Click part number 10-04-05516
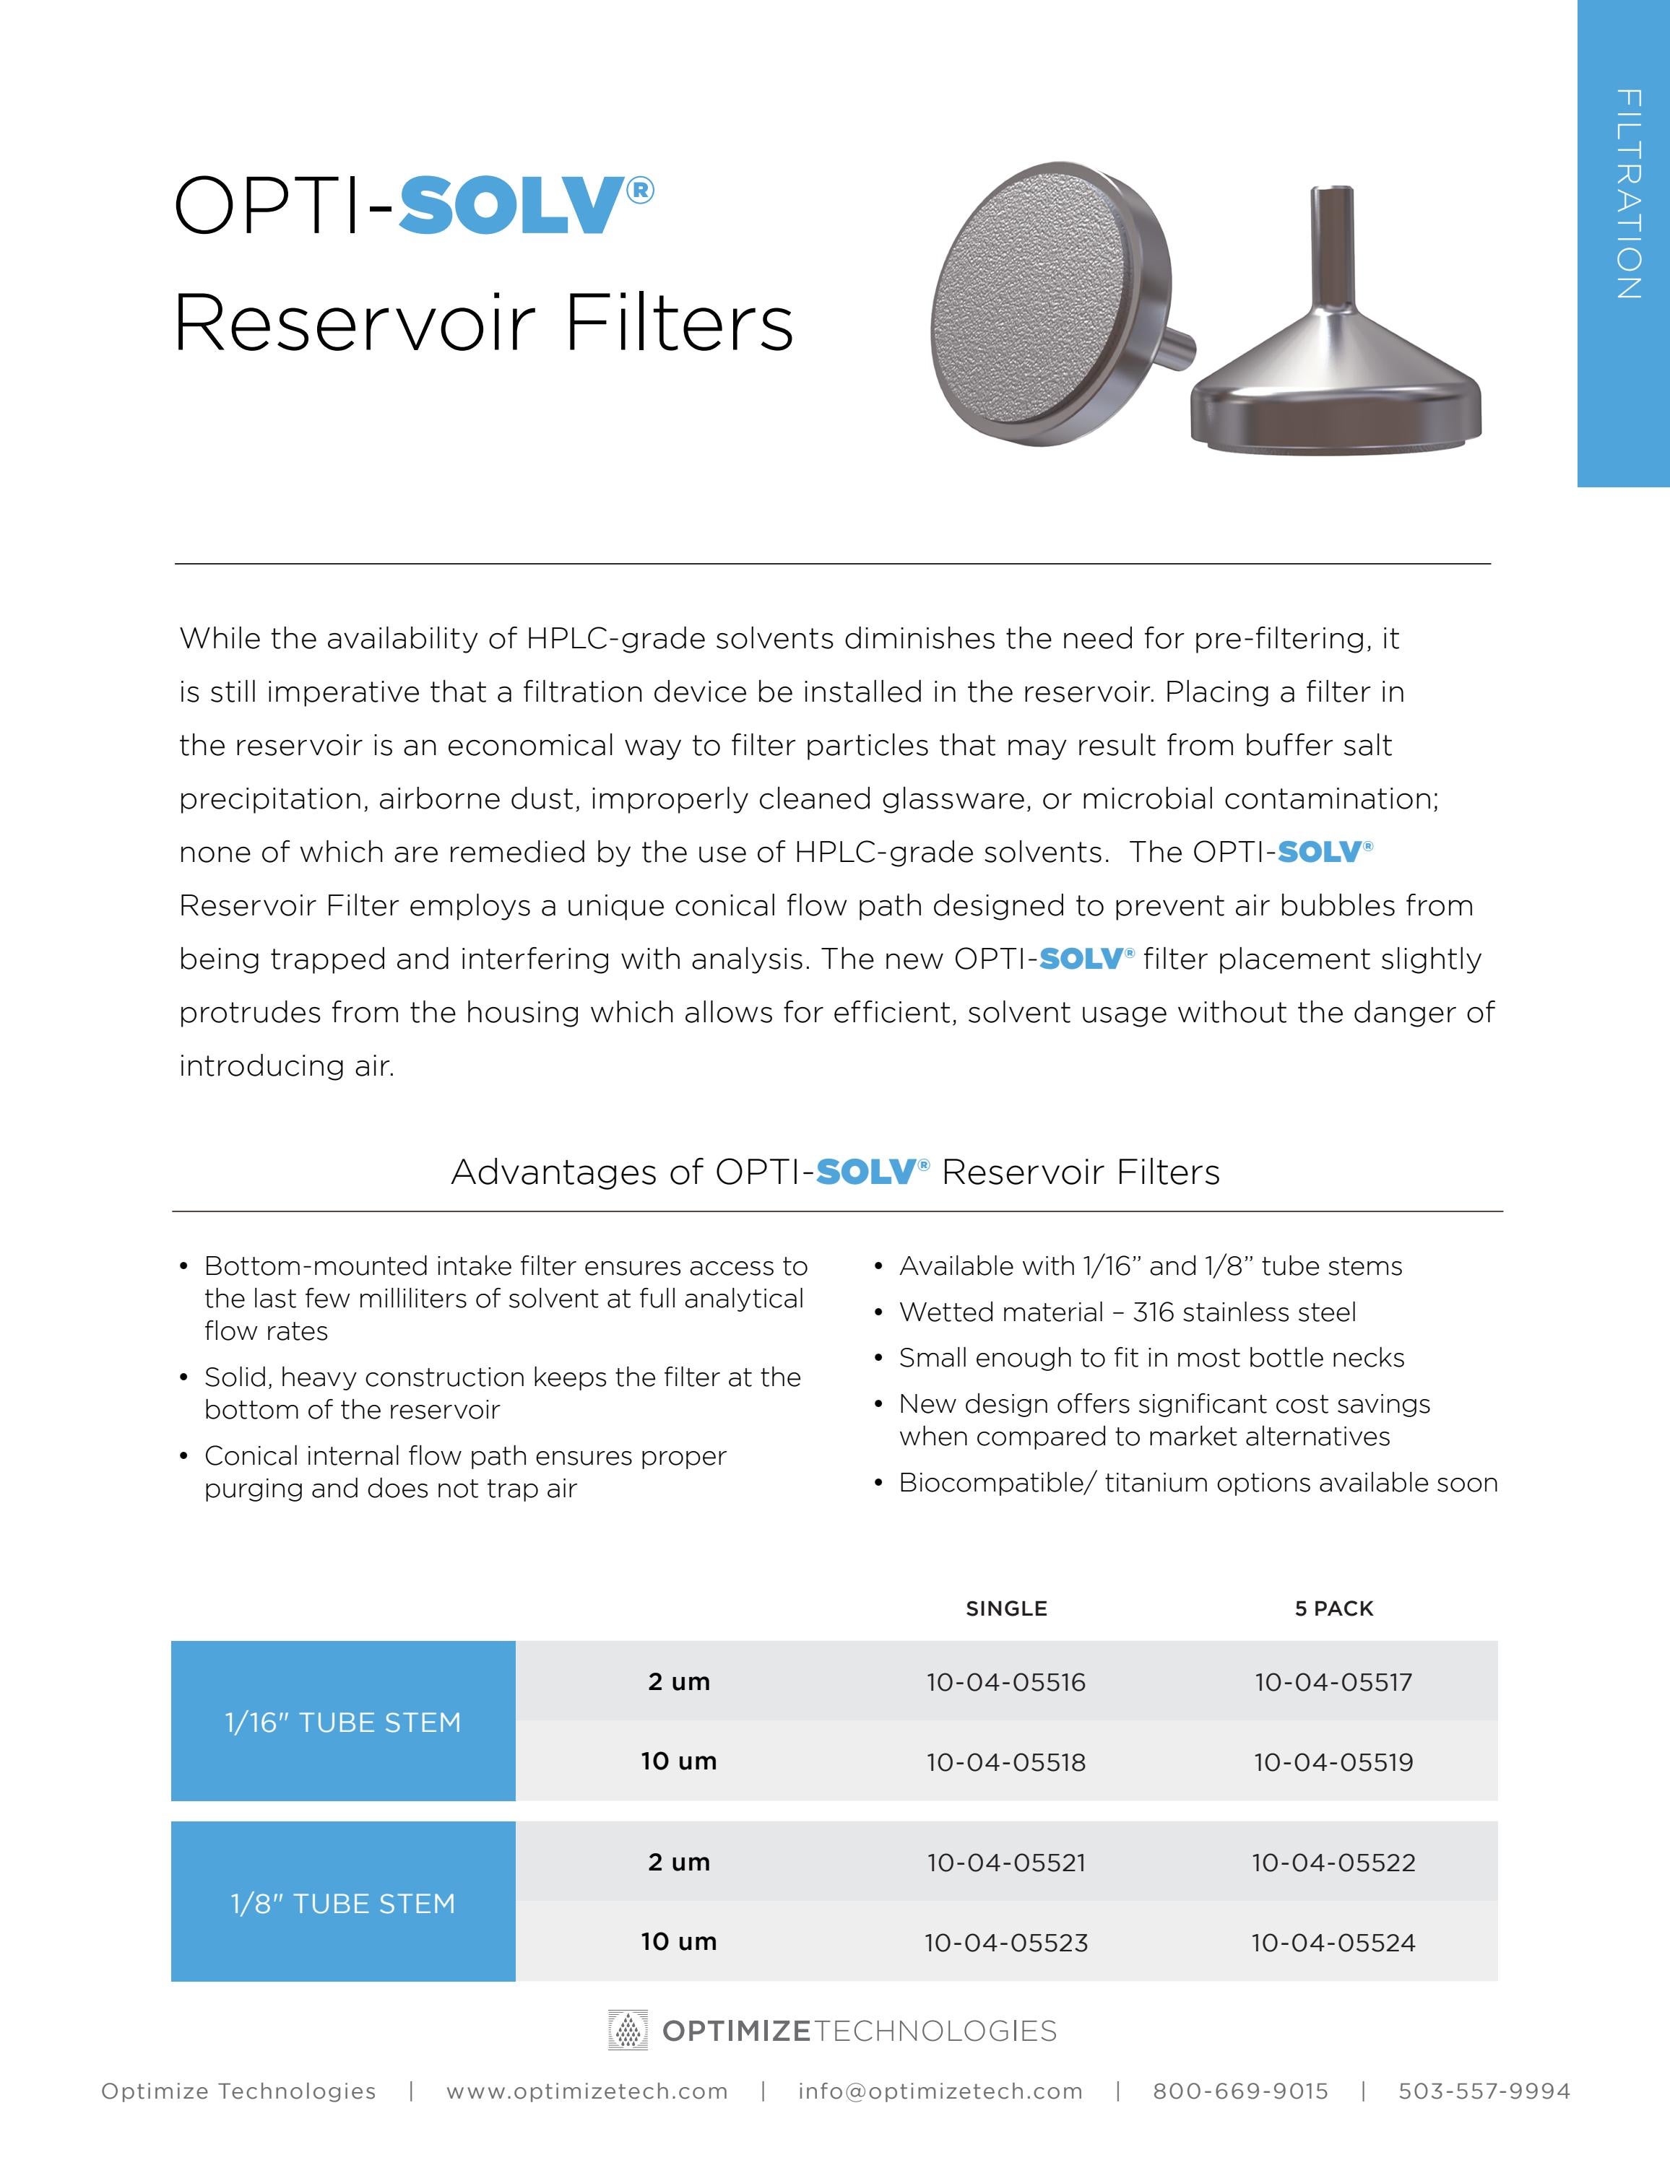pyautogui.click(x=1005, y=1682)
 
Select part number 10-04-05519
pyautogui.click(x=1333, y=1762)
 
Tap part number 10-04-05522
pyautogui.click(x=1333, y=1863)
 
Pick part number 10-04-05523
pyautogui.click(x=1005, y=1943)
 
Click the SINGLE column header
pyautogui.click(x=1005, y=1609)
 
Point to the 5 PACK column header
pyautogui.click(x=1333, y=1609)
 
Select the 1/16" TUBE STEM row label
pyautogui.click(x=342, y=1723)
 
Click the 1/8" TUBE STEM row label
pyautogui.click(x=342, y=1904)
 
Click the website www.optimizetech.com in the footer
pyautogui.click(x=587, y=2091)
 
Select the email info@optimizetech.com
pyautogui.click(x=940, y=2091)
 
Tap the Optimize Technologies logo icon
pyautogui.click(x=627, y=2031)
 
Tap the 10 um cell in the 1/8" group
pyautogui.click(x=679, y=1943)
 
